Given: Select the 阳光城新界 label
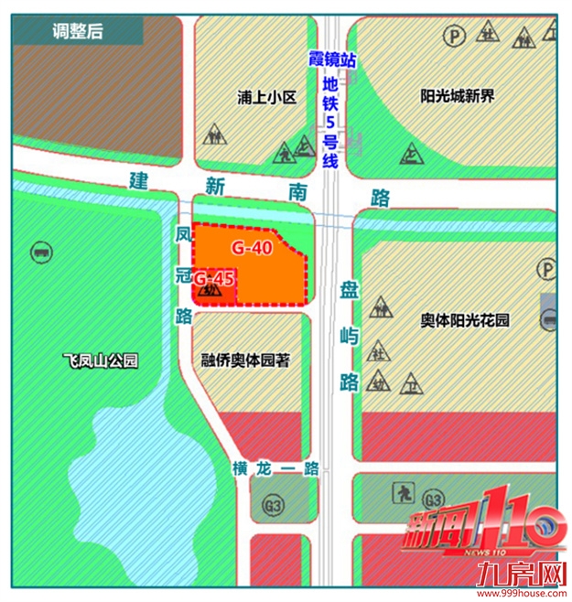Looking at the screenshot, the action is (x=457, y=95).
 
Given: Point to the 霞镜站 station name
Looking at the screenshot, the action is (x=332, y=59).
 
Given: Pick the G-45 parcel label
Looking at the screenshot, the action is (x=216, y=277).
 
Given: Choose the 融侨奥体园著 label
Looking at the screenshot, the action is (x=244, y=360).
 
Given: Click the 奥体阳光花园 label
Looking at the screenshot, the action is (x=464, y=320).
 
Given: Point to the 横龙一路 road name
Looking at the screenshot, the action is (x=275, y=468).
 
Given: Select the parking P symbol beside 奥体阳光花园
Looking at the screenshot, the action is (x=548, y=268).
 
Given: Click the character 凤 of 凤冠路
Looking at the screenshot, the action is (x=182, y=235).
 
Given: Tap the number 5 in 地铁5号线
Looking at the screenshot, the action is (x=331, y=122).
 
